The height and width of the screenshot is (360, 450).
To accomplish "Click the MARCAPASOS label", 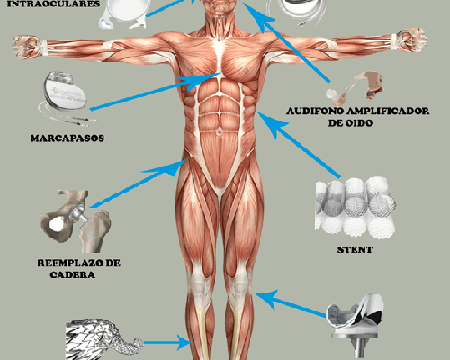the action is pyautogui.click(x=67, y=139).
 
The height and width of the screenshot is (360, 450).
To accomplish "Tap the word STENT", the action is pyautogui.click(x=355, y=250).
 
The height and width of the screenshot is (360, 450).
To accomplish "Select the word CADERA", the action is pyautogui.click(x=72, y=274).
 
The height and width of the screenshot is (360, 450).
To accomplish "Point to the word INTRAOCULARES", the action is pyautogui.click(x=53, y=4).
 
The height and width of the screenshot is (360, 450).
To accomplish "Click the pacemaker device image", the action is pyautogui.click(x=64, y=97).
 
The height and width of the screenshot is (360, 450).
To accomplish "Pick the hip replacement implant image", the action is pyautogui.click(x=76, y=221).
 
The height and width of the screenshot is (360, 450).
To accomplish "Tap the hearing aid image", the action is pyautogui.click(x=355, y=88).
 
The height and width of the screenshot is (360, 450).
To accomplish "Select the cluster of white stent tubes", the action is pyautogui.click(x=355, y=208).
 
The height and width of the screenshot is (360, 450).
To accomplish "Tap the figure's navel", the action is pyautogui.click(x=220, y=131).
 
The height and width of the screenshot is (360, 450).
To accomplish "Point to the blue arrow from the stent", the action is pyautogui.click(x=299, y=145).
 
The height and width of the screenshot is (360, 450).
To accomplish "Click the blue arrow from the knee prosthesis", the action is pyautogui.click(x=291, y=304).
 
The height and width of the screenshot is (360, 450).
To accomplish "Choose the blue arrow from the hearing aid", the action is pyautogui.click(x=286, y=42).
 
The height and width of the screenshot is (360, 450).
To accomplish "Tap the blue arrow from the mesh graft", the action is pyautogui.click(x=166, y=342).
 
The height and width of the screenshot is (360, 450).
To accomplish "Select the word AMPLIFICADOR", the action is pyautogui.click(x=388, y=111).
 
